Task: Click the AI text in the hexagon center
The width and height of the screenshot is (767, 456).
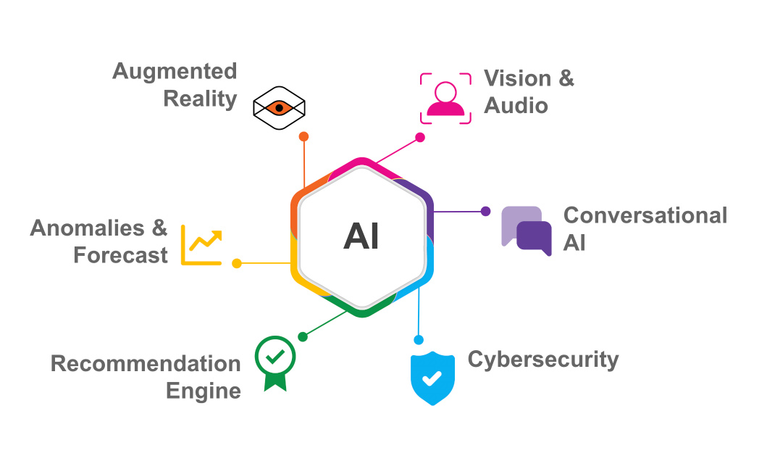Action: (x=361, y=237)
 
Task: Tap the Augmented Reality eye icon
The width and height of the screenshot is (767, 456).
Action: (x=279, y=108)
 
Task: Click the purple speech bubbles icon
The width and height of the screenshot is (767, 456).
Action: (x=527, y=231)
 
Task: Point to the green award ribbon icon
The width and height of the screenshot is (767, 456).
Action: (x=275, y=360)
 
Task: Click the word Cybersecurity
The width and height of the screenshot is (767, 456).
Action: (x=543, y=359)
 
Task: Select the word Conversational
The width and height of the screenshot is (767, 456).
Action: (x=645, y=215)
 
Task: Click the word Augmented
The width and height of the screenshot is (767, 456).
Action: (x=175, y=71)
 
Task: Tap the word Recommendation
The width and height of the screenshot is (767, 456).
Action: (x=146, y=363)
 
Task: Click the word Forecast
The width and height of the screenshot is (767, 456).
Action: (x=121, y=255)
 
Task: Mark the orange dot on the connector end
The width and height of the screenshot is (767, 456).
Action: (x=304, y=136)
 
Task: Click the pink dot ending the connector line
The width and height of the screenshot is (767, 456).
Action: (x=419, y=137)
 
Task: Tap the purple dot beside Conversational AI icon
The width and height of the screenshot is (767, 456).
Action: (x=485, y=212)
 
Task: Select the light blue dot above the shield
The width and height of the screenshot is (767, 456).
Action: (x=418, y=339)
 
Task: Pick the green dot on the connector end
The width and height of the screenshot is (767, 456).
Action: (x=303, y=336)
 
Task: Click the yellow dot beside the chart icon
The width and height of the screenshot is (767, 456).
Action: (x=237, y=263)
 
